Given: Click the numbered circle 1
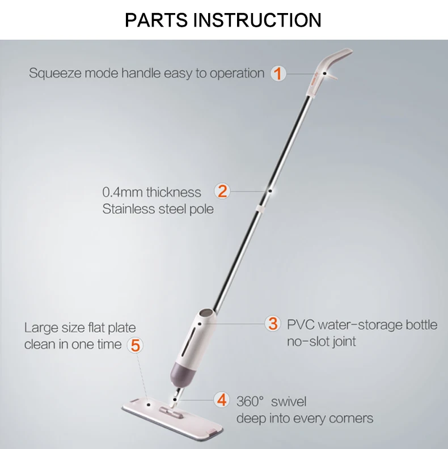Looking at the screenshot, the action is point(278,73).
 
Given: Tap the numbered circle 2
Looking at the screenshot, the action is point(223,191).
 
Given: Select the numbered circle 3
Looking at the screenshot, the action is point(273,324).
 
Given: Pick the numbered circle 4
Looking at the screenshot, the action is point(222,399).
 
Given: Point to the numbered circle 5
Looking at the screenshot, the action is point(134,344).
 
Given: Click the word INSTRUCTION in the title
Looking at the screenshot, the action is point(258,20).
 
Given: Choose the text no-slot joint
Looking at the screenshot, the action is point(321,342).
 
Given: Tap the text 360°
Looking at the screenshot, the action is point(250,401).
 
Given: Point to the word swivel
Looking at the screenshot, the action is point(288,401).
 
